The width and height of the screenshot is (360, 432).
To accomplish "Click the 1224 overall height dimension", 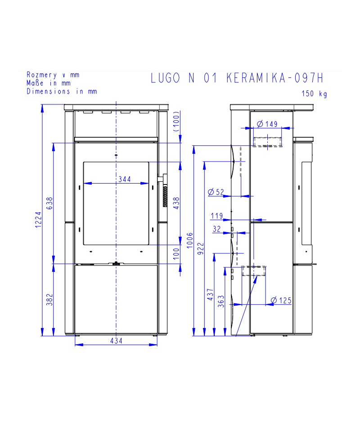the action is [38, 220].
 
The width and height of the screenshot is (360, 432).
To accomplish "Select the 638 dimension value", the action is [49, 203].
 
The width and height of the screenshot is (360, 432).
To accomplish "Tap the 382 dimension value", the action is [49, 300].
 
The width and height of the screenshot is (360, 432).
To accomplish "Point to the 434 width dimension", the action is [116, 341].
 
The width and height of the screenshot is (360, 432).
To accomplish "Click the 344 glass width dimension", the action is [125, 180].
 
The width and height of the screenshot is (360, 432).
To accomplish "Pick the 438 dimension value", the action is [176, 203].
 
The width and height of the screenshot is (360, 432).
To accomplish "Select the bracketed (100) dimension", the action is [176, 121].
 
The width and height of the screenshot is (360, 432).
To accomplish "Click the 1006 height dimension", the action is [190, 240].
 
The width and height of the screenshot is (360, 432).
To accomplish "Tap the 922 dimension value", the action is [201, 248].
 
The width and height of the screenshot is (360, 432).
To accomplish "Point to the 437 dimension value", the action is [211, 294].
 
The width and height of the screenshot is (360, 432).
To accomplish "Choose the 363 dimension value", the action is [221, 301].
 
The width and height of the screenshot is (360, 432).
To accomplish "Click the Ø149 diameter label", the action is [267, 124].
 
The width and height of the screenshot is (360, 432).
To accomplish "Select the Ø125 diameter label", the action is [281, 300].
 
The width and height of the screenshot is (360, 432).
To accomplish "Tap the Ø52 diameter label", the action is [216, 192].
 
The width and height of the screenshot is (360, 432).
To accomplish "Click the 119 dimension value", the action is [217, 216].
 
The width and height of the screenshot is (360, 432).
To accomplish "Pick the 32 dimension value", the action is [217, 229].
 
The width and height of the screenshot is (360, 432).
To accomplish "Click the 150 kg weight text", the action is [314, 94].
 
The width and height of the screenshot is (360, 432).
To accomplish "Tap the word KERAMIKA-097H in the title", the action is [274, 78].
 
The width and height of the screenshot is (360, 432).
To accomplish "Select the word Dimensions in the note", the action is [48, 91].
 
